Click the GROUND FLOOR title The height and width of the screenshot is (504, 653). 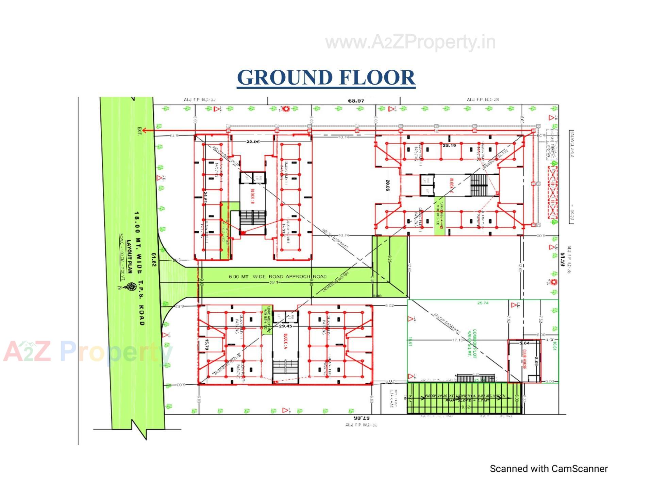pyautogui.click(x=326, y=77)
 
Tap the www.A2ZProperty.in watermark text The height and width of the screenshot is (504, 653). pyautogui.click(x=410, y=42)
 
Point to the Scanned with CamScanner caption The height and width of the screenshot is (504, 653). pyautogui.click(x=548, y=469)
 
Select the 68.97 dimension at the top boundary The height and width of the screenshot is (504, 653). pyautogui.click(x=356, y=101)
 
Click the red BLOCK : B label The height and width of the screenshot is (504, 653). pyautogui.click(x=252, y=196)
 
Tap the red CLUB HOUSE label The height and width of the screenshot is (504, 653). pyautogui.click(x=524, y=359)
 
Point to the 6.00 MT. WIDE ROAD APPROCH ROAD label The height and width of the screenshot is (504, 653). pyautogui.click(x=278, y=277)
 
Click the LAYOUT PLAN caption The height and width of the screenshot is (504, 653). pyautogui.click(x=129, y=257)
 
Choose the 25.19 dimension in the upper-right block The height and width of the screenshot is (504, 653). pyautogui.click(x=449, y=145)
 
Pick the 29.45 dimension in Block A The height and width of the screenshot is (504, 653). pyautogui.click(x=285, y=326)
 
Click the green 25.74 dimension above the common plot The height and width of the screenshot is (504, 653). pyautogui.click(x=483, y=303)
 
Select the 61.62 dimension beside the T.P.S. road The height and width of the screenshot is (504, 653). pyautogui.click(x=154, y=259)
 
